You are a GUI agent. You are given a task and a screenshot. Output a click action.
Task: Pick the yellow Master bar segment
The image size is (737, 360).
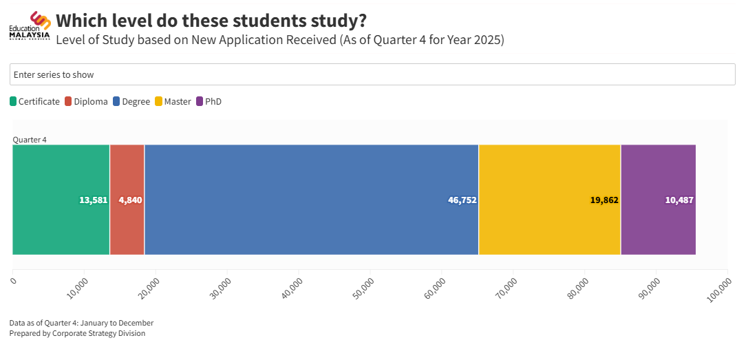tap(549, 172)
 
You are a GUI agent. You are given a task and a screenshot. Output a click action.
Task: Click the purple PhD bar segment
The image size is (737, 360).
tap(658, 172)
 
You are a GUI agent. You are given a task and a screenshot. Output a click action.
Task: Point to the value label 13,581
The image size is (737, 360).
tap(94, 200)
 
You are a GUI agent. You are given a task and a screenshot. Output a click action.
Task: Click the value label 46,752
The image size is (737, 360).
tap(462, 200)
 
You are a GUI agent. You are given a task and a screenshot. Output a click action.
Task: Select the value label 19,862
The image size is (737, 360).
tap(604, 200)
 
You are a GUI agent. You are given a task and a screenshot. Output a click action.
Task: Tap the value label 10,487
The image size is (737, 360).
tap(679, 200)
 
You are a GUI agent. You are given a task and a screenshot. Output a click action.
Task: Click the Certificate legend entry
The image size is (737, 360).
tap(34, 102)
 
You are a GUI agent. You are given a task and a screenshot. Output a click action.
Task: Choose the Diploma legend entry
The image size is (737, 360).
tap(86, 102)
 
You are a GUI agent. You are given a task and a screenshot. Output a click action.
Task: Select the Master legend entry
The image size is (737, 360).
tap(173, 102)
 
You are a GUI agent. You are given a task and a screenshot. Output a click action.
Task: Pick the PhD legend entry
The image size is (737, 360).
tap(209, 102)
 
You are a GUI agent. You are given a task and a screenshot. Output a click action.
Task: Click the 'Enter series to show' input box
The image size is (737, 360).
tap(372, 74)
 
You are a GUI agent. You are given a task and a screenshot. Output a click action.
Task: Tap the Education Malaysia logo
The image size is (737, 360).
tap(30, 26)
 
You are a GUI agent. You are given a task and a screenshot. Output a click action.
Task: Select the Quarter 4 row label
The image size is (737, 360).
tap(30, 140)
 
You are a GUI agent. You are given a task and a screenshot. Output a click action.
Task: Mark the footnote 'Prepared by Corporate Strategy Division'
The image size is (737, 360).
tap(77, 334)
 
